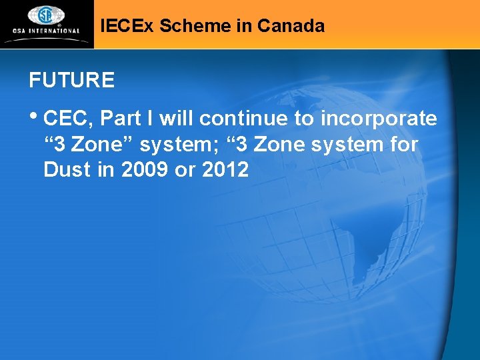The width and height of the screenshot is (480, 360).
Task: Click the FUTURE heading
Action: tap(71, 81)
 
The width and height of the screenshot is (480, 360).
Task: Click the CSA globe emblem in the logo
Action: tap(45, 15)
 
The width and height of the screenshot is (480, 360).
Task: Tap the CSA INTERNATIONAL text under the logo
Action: tap(45, 31)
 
